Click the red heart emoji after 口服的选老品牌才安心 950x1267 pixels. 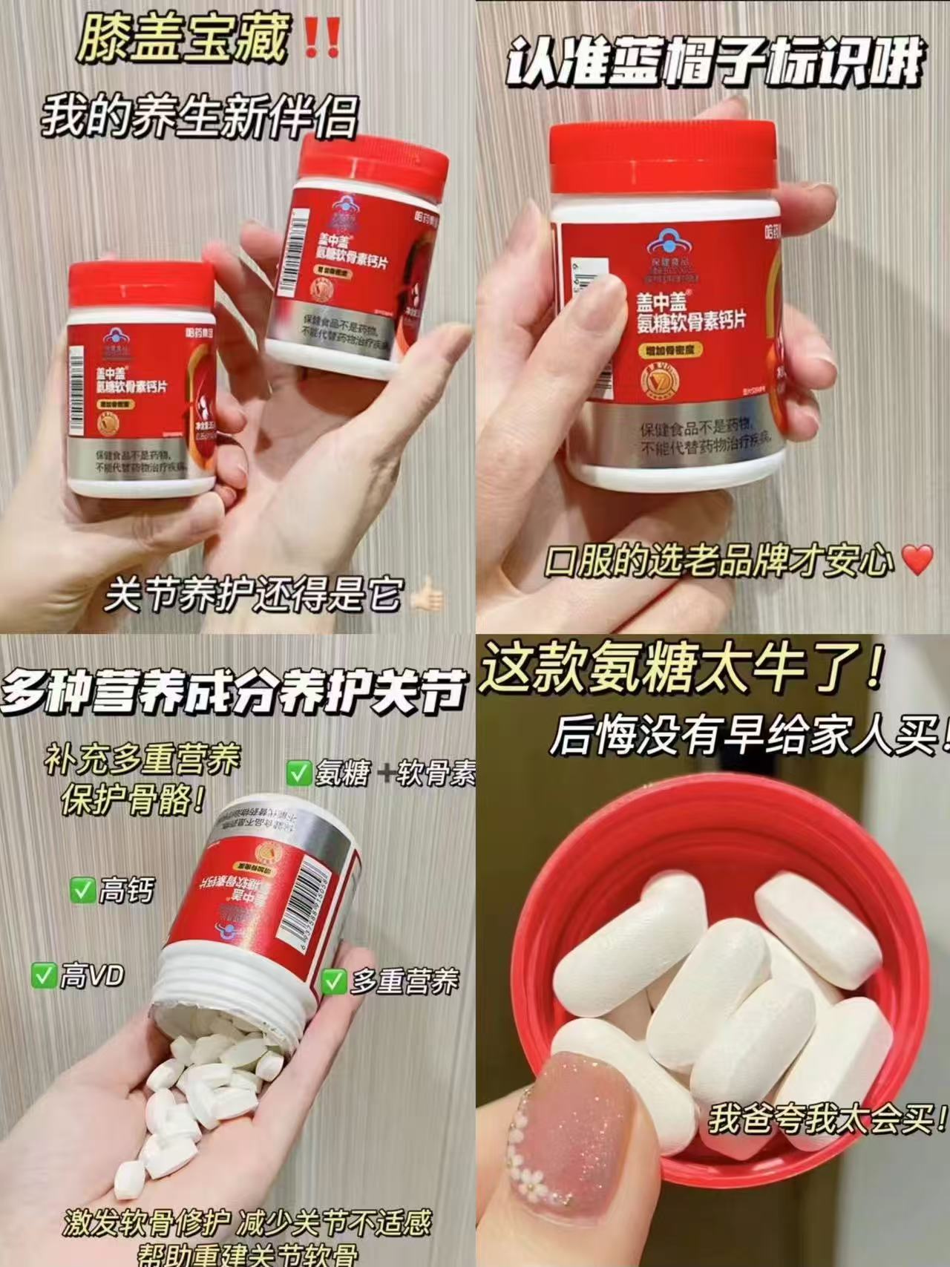918,560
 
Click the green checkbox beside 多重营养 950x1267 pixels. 333,981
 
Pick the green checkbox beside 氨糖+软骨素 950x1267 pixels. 299,773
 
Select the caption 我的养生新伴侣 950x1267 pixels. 199,117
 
